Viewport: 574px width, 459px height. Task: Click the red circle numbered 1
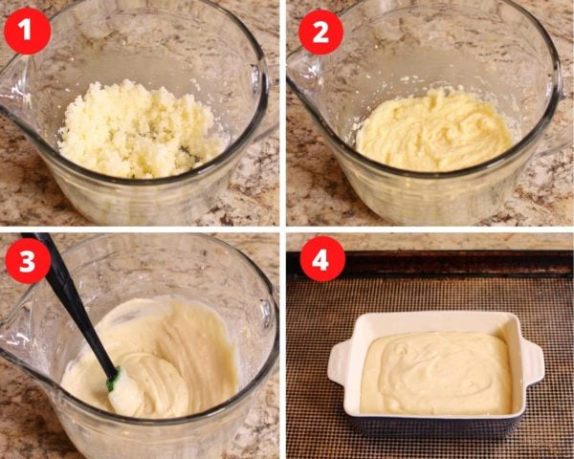27,32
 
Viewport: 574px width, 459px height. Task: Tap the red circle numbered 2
320,33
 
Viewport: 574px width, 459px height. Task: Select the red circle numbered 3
28,261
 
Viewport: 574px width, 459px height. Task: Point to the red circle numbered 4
322,259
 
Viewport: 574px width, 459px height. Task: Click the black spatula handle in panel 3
72,300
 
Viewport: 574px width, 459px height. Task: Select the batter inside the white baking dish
435,373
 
